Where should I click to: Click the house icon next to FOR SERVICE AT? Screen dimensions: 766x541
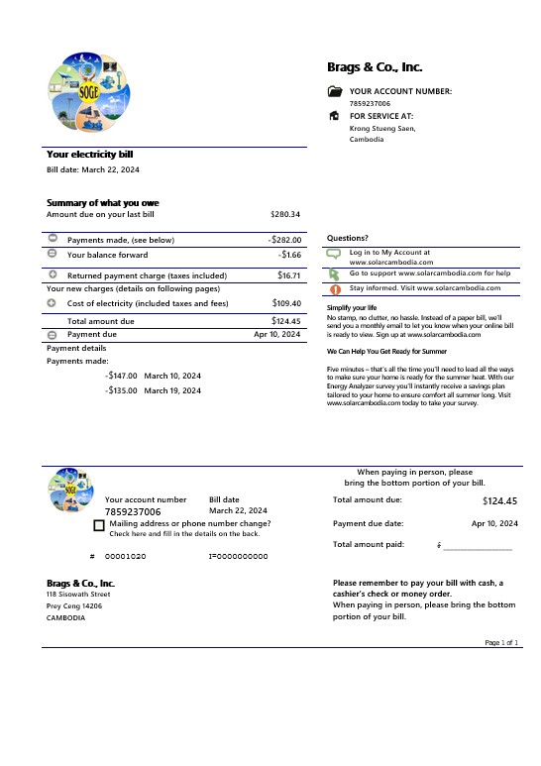click(x=334, y=116)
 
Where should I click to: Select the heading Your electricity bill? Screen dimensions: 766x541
click(x=90, y=155)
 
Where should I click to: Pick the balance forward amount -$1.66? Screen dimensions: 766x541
click(x=289, y=255)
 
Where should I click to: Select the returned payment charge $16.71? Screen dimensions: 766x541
click(x=288, y=275)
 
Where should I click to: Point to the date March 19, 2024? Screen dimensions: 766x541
click(x=172, y=391)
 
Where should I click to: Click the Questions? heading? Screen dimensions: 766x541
click(x=348, y=238)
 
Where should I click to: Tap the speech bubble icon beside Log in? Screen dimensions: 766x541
click(x=334, y=254)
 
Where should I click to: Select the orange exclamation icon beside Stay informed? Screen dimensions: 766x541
click(x=334, y=288)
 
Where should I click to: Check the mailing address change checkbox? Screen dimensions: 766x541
click(x=99, y=525)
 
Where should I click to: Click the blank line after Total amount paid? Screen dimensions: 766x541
click(x=478, y=546)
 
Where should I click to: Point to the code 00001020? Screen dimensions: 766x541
click(x=125, y=557)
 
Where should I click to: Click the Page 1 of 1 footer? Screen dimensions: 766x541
click(x=501, y=643)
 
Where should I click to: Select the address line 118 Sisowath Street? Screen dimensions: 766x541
click(x=78, y=595)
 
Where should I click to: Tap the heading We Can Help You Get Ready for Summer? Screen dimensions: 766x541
click(x=386, y=352)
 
